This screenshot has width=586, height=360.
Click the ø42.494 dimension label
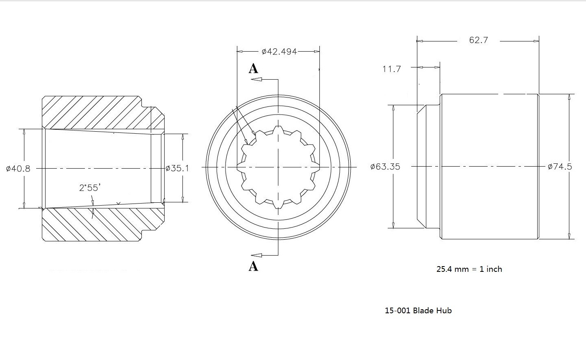[x=279, y=52]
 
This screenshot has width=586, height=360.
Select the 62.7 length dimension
[x=478, y=40]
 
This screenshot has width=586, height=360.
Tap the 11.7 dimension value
[x=391, y=69]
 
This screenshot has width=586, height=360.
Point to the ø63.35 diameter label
[x=385, y=167]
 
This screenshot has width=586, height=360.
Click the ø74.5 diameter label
[x=560, y=167]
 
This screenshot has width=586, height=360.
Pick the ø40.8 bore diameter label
[x=18, y=168]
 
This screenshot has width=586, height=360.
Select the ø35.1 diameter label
[x=177, y=168]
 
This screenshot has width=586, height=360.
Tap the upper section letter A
[x=253, y=68]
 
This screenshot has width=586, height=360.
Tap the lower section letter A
[x=253, y=266]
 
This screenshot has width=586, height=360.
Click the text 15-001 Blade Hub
[x=418, y=310]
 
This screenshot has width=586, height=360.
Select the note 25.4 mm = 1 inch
[x=469, y=269]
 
